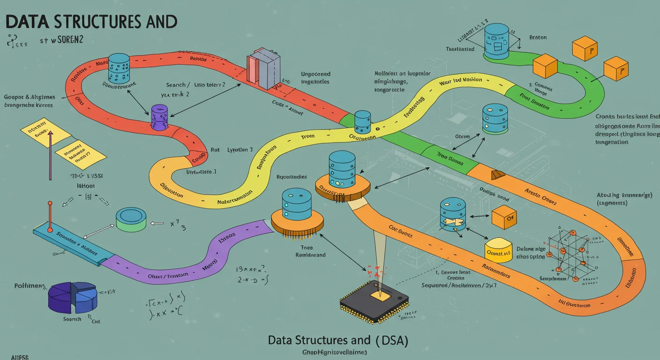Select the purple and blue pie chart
[x=73, y=297]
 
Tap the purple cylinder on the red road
[x=159, y=117]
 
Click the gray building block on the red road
[x=264, y=69]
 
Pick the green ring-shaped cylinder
[x=131, y=219]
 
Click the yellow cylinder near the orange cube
[x=498, y=249]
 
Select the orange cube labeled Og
[x=504, y=217]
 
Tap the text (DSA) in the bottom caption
[x=391, y=340]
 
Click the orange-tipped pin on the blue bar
[x=50, y=204]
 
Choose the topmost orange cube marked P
[x=585, y=49]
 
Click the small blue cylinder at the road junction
[x=363, y=122]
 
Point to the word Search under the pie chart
[x=72, y=319]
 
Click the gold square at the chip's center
[x=376, y=293]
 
